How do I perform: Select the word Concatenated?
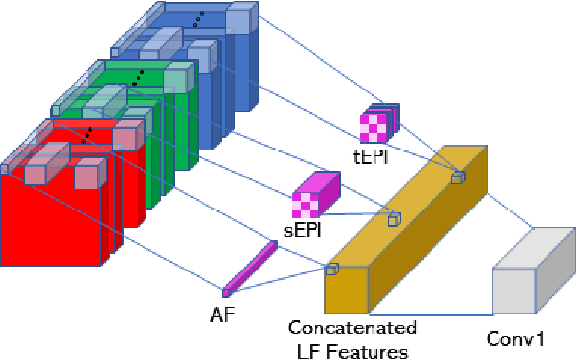click(352, 328)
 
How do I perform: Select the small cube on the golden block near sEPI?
click(394, 220)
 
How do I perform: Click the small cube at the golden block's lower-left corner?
click(332, 269)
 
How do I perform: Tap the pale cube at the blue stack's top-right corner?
click(241, 21)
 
